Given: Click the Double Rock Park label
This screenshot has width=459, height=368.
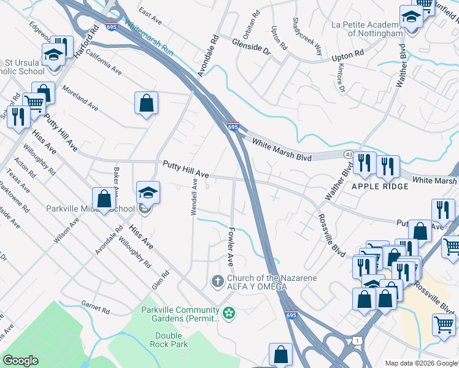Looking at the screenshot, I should click(169, 340).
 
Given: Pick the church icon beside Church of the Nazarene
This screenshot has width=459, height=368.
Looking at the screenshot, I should click(217, 282).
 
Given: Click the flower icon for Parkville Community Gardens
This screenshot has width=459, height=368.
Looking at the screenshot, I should click(229, 313).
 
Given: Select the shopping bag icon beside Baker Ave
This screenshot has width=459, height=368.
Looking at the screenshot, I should click(104, 199).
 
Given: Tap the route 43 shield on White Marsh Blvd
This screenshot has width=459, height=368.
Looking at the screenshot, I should click(347, 153).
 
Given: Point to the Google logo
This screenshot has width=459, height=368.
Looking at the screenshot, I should click(21, 361).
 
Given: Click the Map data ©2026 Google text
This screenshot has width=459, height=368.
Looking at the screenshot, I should click(420, 363).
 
